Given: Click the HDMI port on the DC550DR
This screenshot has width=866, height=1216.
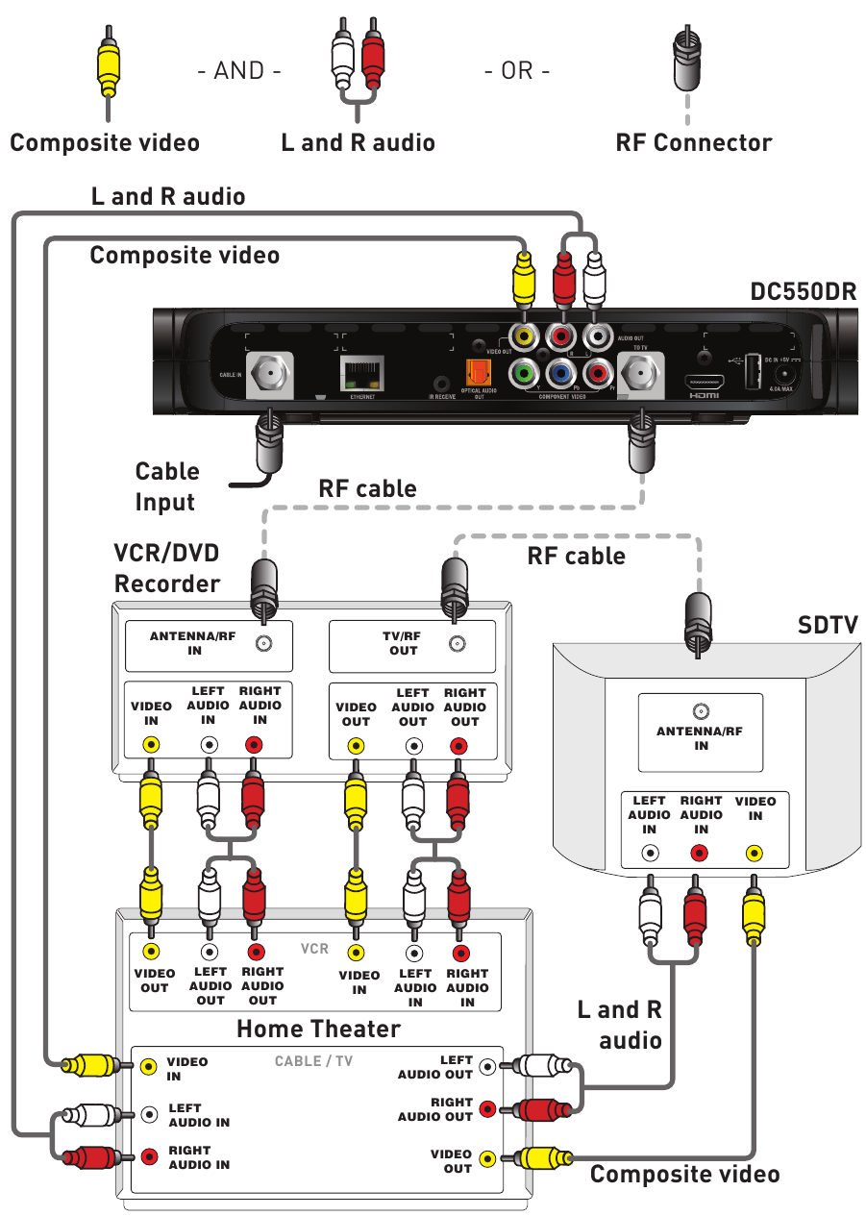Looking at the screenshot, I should (x=704, y=382).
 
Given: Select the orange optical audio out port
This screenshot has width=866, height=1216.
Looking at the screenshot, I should (x=478, y=372).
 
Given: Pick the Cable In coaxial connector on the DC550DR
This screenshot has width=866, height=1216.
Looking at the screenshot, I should (x=265, y=371).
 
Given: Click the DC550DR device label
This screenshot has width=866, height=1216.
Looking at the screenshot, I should (x=803, y=291).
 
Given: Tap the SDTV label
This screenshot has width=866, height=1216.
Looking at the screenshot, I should (x=828, y=625).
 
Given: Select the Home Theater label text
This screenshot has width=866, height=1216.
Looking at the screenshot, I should (x=318, y=1029).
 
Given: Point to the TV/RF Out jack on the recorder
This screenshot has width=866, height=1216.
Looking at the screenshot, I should (x=456, y=643).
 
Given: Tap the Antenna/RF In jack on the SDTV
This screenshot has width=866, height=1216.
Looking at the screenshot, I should (x=702, y=711).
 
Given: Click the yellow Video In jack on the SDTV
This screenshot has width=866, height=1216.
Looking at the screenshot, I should (x=754, y=853).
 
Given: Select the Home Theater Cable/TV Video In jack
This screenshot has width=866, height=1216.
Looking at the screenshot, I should (x=149, y=1065).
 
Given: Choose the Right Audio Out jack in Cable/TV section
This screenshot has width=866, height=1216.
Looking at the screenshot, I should (x=488, y=1108).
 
